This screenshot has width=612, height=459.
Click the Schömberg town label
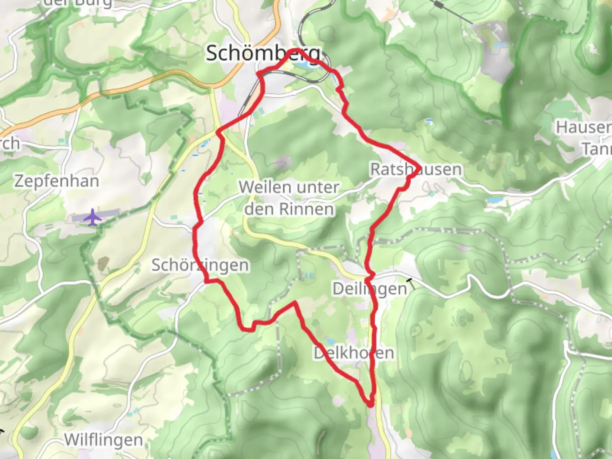pos(263,54)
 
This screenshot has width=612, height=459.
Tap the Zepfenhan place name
pos(57,181)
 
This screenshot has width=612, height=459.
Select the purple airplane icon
pos(92,218)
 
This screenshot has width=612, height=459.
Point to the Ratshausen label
pos(416,169)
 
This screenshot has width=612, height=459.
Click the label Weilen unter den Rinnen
pos(289,198)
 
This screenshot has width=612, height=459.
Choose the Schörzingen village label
pos(200,265)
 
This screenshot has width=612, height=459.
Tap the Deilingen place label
pos(369,289)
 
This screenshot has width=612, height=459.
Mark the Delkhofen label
pos(354,353)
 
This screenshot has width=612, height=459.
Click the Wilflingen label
pos(103,440)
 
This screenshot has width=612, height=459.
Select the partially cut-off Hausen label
pos(584,127)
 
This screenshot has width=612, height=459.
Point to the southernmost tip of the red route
pos(371,405)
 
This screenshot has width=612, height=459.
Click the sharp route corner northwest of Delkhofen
pos(295,303)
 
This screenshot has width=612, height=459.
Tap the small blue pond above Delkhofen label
pos(330,341)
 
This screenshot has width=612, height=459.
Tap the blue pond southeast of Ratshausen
pos(494,199)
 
